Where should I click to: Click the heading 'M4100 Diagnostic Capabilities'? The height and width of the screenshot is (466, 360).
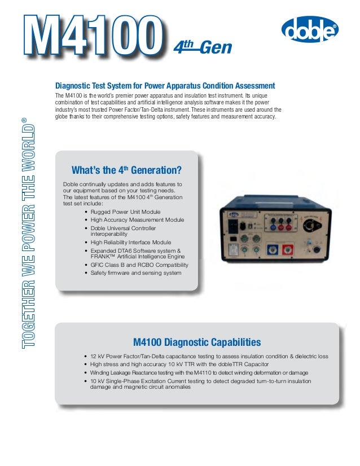pos(196,342)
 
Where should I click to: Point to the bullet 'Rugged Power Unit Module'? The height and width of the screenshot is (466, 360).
pos(125,212)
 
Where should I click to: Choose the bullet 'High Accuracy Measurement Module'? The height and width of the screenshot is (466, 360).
pos(137,219)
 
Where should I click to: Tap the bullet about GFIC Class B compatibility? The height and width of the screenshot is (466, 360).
pos(139,265)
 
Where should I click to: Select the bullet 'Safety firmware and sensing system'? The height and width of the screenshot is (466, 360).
pos(136,272)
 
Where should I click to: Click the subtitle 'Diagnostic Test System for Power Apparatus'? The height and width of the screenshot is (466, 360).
pos(165,86)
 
